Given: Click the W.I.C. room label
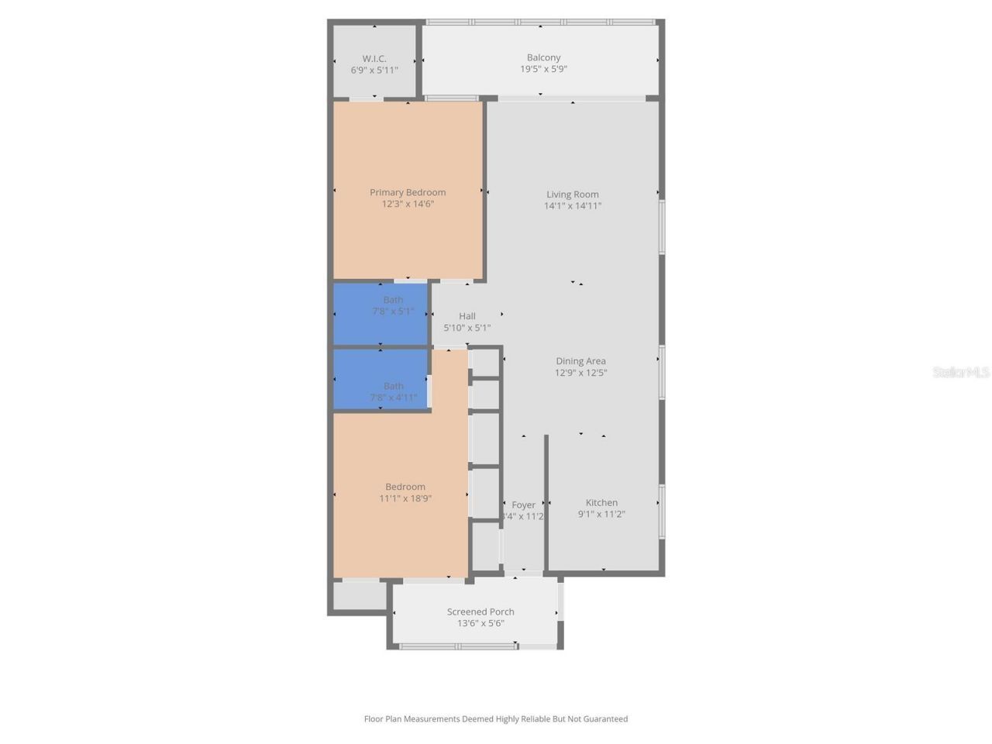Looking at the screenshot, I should [374, 59].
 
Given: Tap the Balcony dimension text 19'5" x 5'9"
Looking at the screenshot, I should [543, 69].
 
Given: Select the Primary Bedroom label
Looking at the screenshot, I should [408, 192].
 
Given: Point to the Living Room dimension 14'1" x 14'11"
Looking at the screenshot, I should [573, 205].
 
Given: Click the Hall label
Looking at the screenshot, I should [467, 316].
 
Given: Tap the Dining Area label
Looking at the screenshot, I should [580, 361].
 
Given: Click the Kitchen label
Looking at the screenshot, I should [601, 503].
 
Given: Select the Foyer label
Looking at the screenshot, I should [524, 505].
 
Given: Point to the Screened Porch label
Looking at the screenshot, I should [480, 611].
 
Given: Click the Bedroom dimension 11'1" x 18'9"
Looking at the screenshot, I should [405, 498].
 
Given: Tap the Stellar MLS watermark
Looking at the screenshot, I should [961, 373].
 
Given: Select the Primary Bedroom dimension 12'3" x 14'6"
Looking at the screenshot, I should [408, 205].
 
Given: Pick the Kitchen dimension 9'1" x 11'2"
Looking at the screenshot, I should [601, 514].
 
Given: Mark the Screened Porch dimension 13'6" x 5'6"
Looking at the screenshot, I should [480, 623].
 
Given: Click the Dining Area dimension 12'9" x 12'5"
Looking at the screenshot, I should [580, 373].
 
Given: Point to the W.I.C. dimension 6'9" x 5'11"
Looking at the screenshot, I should [374, 71].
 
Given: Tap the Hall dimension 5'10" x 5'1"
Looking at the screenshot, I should [467, 328].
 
